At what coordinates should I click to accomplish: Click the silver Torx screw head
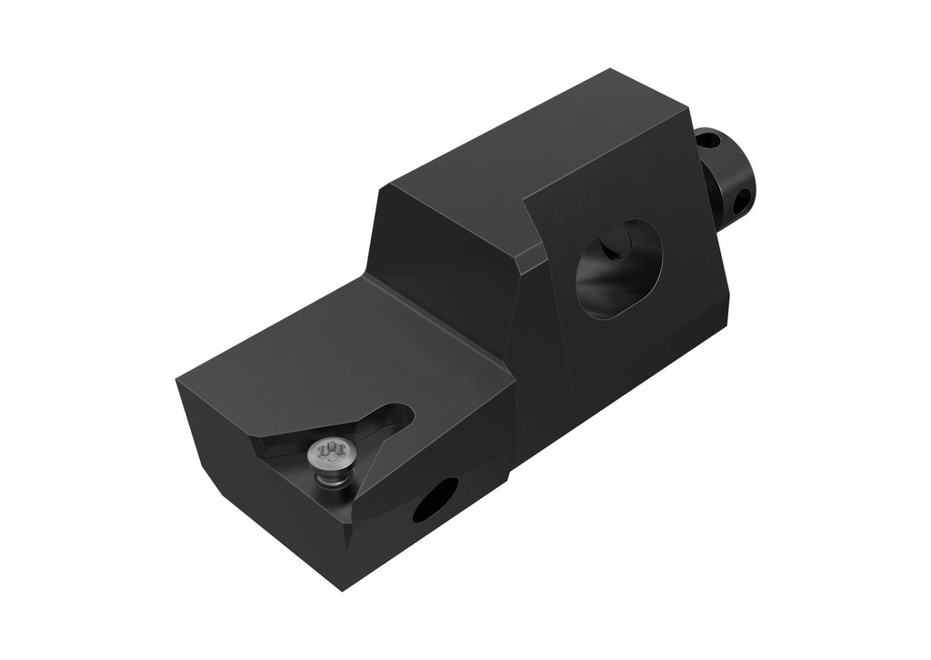328,452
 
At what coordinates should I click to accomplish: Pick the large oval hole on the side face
619,268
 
